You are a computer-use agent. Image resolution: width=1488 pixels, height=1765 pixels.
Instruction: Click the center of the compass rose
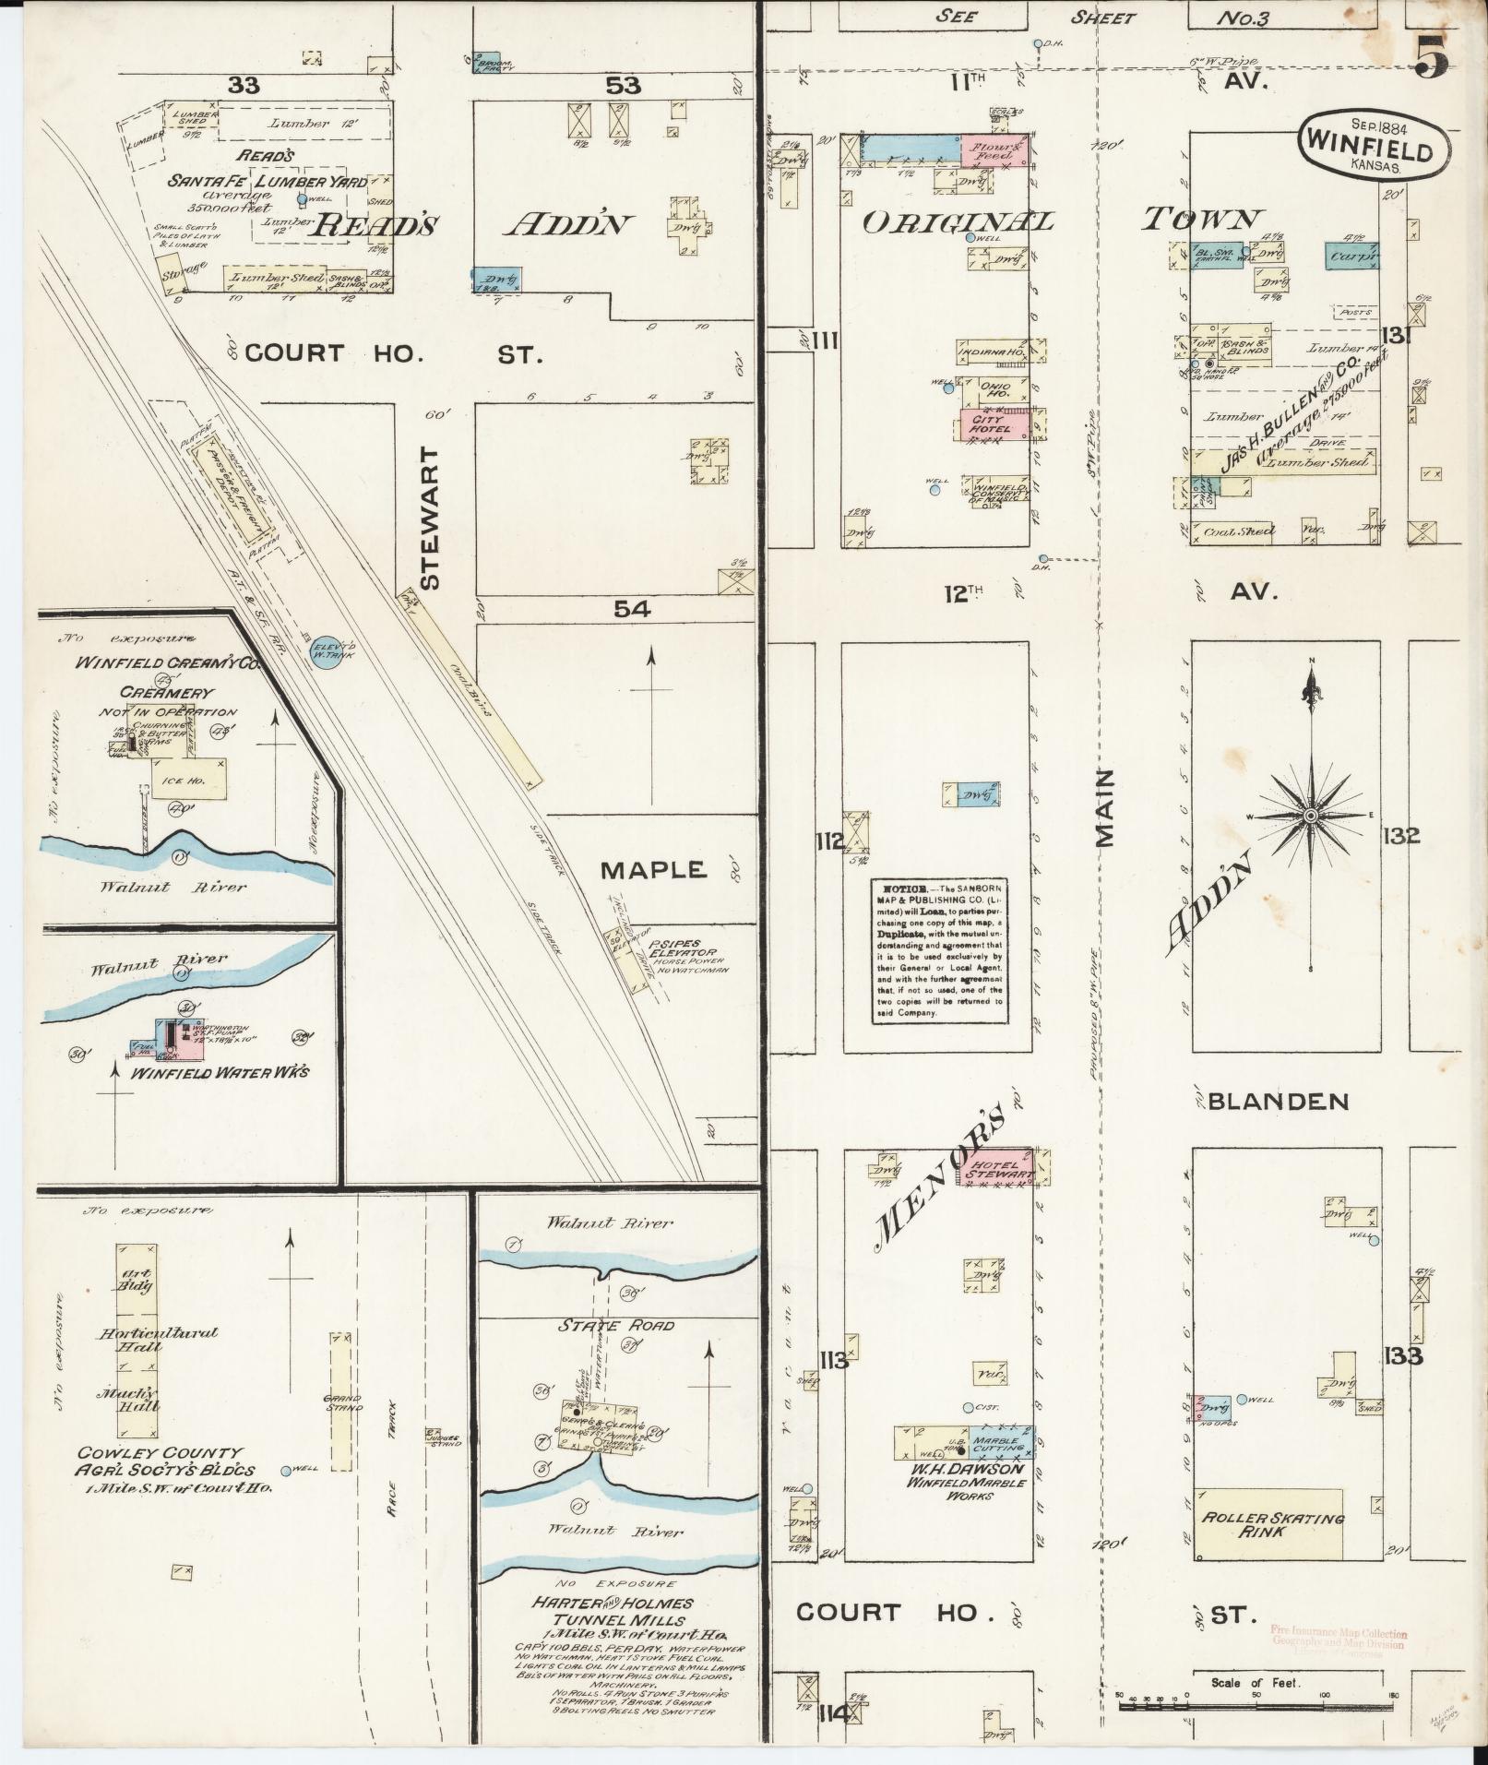[x=1310, y=817]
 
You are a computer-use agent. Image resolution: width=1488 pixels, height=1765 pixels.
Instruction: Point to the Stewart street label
[x=431, y=519]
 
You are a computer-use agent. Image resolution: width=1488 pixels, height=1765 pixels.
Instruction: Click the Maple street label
[x=653, y=869]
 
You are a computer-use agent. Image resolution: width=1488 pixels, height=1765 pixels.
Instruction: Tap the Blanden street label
[x=1278, y=1101]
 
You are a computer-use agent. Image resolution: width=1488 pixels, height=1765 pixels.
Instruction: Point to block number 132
[x=1400, y=837]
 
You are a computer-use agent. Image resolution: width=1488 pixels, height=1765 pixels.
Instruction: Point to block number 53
[x=623, y=86]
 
